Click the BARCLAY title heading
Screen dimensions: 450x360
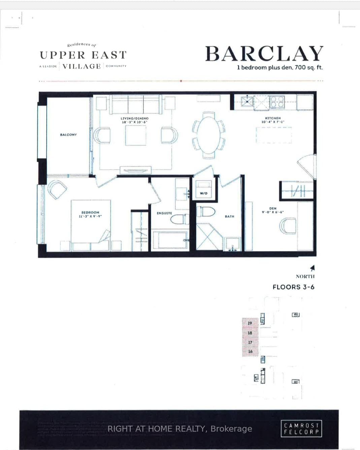click(264, 54)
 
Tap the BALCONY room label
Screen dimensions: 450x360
click(68, 135)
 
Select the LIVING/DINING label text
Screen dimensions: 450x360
click(135, 119)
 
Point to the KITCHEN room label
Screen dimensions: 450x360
click(273, 118)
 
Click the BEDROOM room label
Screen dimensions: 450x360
click(90, 213)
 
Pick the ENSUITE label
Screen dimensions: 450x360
click(164, 213)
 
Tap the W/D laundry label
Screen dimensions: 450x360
click(203, 193)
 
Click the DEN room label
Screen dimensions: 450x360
click(273, 208)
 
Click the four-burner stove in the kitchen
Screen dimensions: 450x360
click(277, 101)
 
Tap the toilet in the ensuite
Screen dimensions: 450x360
click(180, 219)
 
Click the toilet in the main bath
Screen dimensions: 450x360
click(206, 212)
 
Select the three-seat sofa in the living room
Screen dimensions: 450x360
click(136, 104)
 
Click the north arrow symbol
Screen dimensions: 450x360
click(313, 268)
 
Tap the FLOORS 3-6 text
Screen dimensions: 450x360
click(293, 287)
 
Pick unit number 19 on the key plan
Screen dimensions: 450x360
click(250, 323)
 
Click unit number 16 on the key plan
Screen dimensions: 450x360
click(250, 351)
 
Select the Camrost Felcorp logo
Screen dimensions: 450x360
click(301, 429)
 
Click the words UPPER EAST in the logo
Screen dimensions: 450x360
click(83, 55)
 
